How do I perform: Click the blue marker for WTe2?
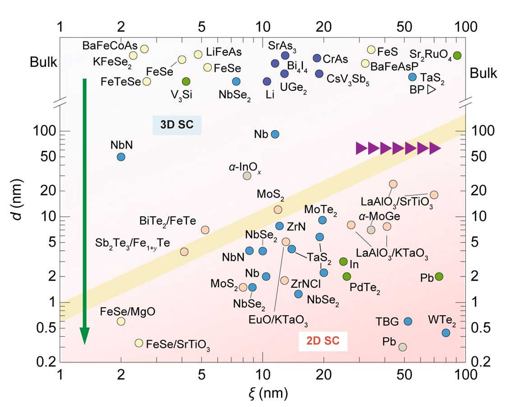click(446, 333)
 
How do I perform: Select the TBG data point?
click(408, 321)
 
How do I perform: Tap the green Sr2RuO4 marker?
click(457, 56)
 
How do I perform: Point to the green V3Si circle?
click(186, 81)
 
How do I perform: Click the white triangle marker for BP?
click(431, 90)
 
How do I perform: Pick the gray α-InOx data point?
click(247, 176)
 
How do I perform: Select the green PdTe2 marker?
click(347, 276)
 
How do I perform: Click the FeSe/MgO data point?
click(121, 321)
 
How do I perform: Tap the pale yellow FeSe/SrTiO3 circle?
click(139, 343)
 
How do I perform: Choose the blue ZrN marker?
click(279, 226)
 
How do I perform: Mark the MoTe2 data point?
click(322, 220)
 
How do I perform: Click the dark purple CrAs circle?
click(317, 58)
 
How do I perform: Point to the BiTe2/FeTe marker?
click(205, 229)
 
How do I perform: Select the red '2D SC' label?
click(322, 341)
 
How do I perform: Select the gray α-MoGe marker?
click(371, 229)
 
